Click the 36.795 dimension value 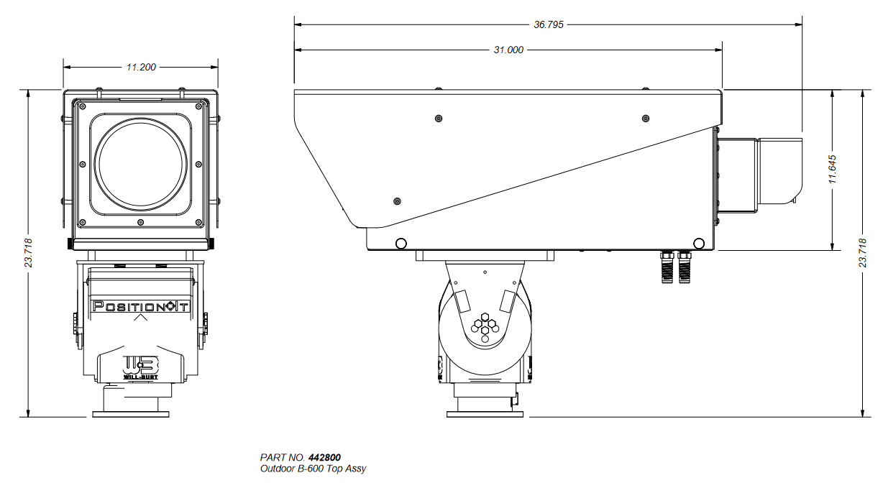pos(549,24)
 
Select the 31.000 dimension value pos(508,50)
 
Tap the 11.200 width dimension pos(141,68)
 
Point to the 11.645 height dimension pos(832,169)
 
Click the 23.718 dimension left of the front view pos(28,253)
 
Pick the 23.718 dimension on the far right pos(863,253)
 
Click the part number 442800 pos(324,457)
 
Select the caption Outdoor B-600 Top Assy pos(313,469)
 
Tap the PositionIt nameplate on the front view pos(141,306)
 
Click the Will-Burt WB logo pos(141,367)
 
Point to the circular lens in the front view pos(141,164)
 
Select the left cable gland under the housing pos(667,267)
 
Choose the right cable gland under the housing pos(685,267)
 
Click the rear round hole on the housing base pos(698,244)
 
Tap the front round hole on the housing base pos(401,244)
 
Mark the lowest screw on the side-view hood pos(398,201)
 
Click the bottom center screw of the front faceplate pos(141,223)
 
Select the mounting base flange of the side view pos(485,414)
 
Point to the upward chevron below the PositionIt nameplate pos(141,318)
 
